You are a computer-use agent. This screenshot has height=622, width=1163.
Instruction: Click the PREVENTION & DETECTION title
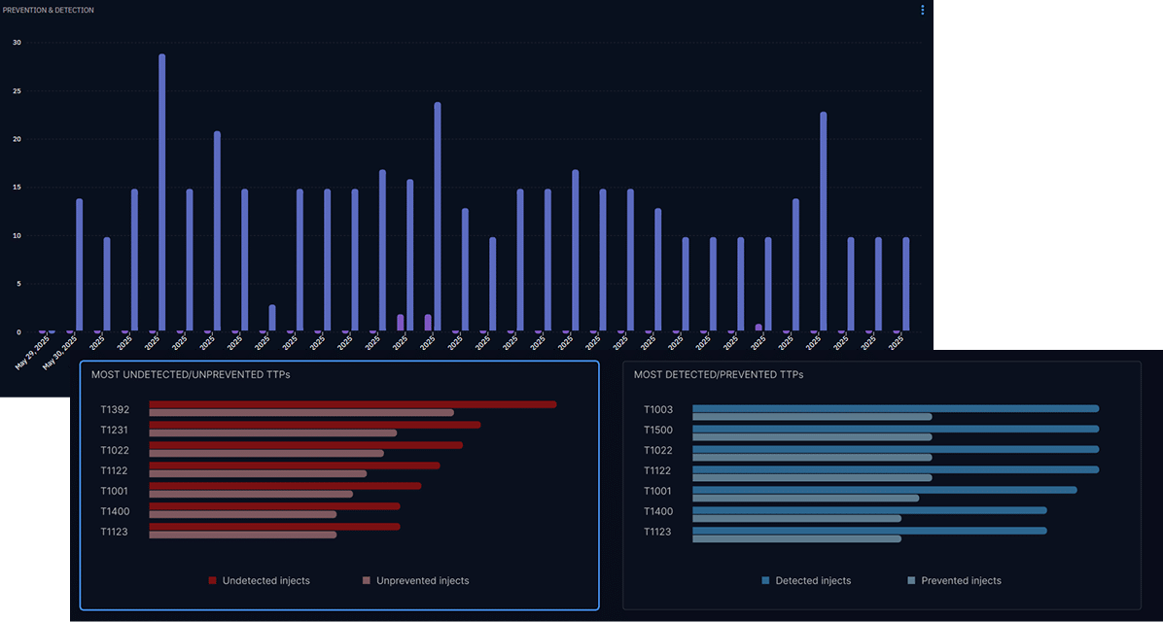click(x=49, y=10)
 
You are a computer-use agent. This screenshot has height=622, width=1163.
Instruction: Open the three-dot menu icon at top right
click(x=922, y=10)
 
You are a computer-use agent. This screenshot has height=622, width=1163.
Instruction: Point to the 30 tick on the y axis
click(x=17, y=43)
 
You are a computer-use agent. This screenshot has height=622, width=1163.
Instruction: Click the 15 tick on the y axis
click(x=17, y=188)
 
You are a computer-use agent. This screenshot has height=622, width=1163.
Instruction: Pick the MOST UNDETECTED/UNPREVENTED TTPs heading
click(x=191, y=374)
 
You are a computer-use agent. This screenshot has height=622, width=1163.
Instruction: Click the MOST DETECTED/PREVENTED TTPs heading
click(x=719, y=374)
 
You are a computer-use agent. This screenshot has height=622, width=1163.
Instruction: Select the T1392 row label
click(x=115, y=410)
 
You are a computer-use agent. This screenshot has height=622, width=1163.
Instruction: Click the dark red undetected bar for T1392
click(x=352, y=404)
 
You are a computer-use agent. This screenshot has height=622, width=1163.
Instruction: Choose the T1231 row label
click(x=115, y=431)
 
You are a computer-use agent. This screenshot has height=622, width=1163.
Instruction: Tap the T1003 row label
click(x=658, y=410)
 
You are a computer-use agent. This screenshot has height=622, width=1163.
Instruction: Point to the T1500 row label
click(x=658, y=431)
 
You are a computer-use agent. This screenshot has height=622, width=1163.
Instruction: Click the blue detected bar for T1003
click(x=895, y=408)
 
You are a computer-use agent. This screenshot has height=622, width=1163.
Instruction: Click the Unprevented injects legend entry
click(x=422, y=581)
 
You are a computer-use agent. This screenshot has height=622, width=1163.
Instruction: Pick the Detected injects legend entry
click(x=812, y=581)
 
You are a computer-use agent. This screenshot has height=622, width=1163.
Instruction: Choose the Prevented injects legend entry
click(x=961, y=581)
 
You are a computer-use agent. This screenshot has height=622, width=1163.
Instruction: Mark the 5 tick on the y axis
click(x=17, y=284)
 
